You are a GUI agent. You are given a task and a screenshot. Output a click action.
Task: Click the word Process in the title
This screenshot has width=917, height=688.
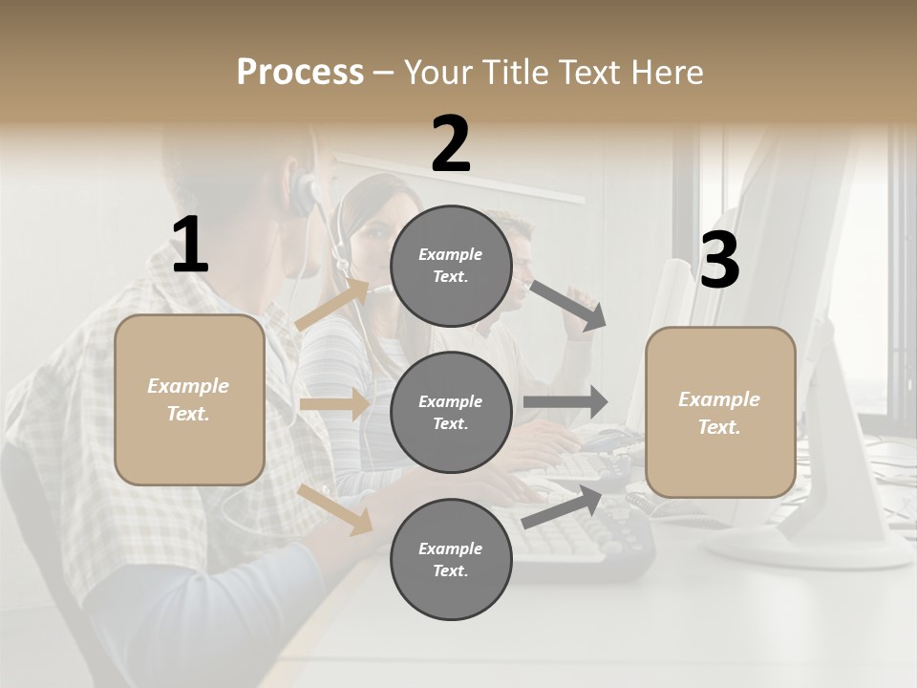tap(300, 72)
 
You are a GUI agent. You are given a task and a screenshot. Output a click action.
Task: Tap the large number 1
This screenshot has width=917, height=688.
tap(190, 246)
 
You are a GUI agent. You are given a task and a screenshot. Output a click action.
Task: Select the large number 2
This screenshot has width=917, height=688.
tap(451, 144)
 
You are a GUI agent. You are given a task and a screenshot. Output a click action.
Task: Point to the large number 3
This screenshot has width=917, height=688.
tap(719, 260)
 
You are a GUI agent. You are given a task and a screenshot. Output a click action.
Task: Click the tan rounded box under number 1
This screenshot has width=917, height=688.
tap(189, 399)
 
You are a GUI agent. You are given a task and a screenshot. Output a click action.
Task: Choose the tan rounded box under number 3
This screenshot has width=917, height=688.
tap(720, 413)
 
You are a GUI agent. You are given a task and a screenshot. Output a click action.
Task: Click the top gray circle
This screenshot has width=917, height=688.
tap(451, 266)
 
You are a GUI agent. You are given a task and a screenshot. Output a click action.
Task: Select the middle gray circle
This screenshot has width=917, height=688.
tap(451, 413)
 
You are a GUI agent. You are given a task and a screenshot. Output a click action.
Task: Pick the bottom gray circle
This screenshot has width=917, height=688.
tap(451, 560)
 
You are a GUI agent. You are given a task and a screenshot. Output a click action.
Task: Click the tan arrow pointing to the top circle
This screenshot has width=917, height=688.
tap(332, 303)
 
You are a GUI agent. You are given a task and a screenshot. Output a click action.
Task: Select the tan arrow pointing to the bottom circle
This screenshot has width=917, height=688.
tap(335, 508)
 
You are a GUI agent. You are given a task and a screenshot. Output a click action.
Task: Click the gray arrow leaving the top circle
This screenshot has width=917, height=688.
tap(568, 305)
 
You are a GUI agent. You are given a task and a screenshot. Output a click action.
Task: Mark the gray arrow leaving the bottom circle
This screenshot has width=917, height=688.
tap(563, 505)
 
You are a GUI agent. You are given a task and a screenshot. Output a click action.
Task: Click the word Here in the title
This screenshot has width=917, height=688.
tap(667, 72)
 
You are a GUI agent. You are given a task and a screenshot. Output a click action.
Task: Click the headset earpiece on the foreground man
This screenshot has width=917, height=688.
tap(304, 191)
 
